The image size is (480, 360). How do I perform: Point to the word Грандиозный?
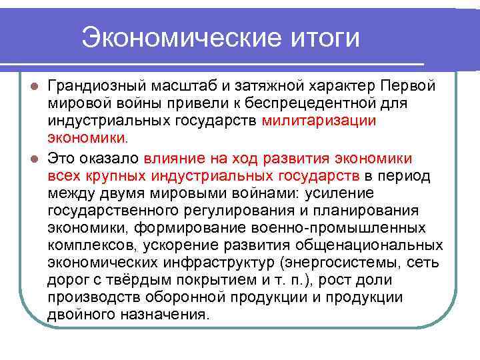(101, 87)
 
